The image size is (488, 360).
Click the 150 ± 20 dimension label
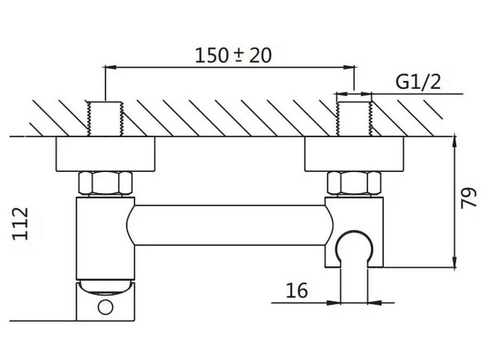pyautogui.click(x=233, y=55)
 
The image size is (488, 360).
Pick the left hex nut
pyautogui.click(x=105, y=184)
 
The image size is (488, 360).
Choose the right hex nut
pyautogui.click(x=353, y=184)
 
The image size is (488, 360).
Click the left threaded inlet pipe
pyautogui.click(x=105, y=118)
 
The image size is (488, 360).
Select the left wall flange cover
pyautogui.click(x=105, y=155)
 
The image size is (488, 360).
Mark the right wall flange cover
pyautogui.click(x=353, y=155)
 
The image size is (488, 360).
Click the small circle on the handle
pyautogui.click(x=105, y=307)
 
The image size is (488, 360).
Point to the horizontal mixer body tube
pyautogui.click(x=230, y=225)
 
